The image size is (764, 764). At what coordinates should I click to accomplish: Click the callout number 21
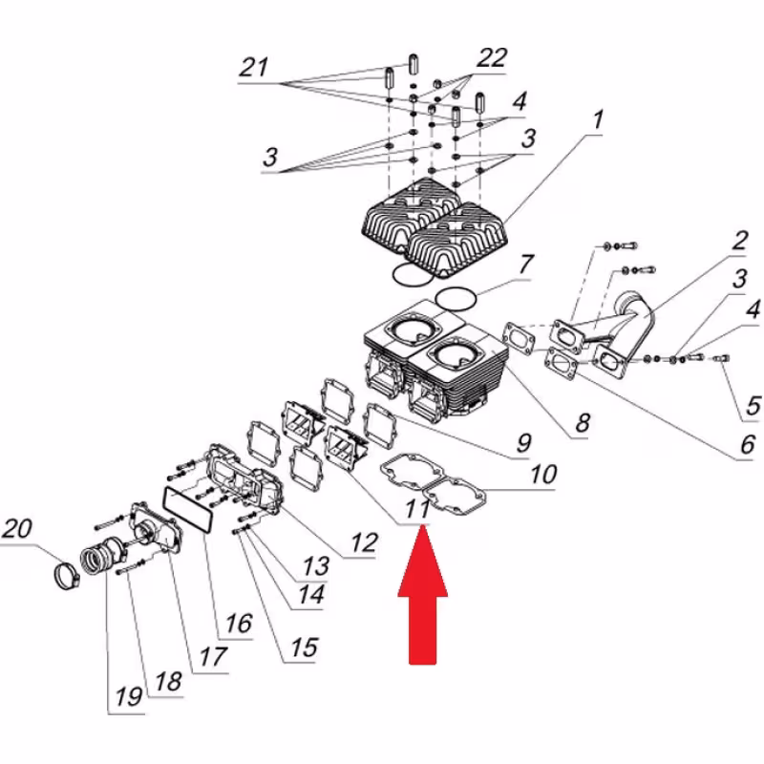(254, 69)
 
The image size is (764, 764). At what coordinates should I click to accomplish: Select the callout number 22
(491, 58)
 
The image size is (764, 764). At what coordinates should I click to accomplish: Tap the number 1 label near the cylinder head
(598, 121)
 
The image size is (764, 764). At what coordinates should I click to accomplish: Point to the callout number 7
(526, 265)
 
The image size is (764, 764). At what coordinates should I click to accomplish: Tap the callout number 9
(523, 443)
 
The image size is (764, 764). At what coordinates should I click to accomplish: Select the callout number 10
(542, 475)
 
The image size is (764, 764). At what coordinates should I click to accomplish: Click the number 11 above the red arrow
(416, 510)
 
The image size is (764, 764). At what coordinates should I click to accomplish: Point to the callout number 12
(363, 542)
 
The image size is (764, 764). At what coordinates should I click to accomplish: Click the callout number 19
(127, 698)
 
